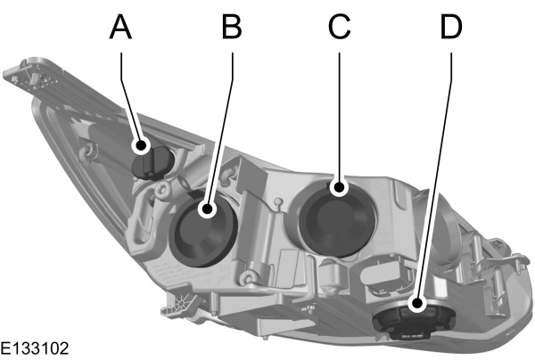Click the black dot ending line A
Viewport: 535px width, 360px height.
(141, 144)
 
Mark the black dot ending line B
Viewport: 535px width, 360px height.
(207, 210)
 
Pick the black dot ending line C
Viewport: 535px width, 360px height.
(339, 187)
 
